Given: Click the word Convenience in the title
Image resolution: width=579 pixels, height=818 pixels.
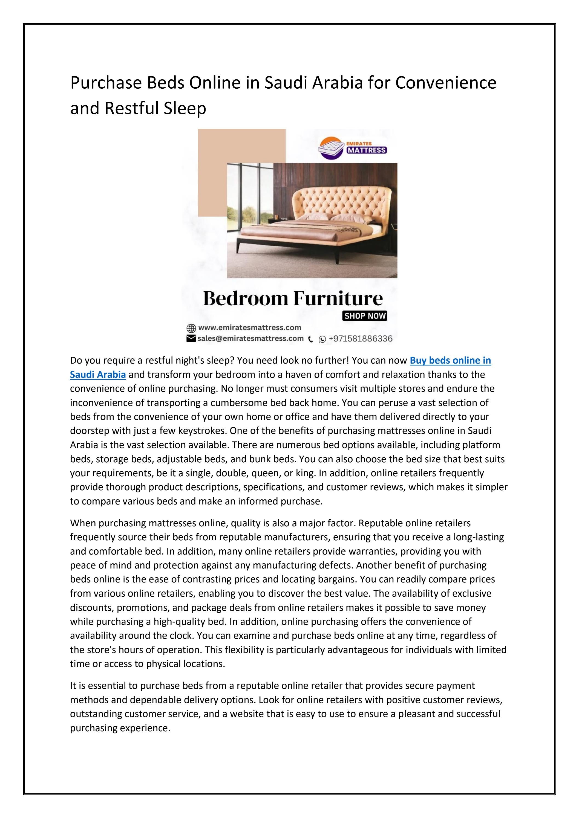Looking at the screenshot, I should [446, 83].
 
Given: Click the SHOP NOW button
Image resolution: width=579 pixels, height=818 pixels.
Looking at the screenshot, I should [364, 316].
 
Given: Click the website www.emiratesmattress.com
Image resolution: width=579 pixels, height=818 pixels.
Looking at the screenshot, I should [250, 327].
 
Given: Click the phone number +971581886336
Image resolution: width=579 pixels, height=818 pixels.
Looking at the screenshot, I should [360, 339].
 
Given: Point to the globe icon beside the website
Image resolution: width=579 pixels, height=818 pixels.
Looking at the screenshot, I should [191, 328].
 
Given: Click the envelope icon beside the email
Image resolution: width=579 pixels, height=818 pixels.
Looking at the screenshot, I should [191, 338].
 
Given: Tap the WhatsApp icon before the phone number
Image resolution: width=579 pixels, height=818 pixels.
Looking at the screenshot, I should [322, 339].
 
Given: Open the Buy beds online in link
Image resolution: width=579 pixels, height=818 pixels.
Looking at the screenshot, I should [450, 361].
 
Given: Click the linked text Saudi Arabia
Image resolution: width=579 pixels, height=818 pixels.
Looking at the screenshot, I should [98, 375].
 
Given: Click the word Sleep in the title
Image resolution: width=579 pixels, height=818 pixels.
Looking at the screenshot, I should [185, 108].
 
